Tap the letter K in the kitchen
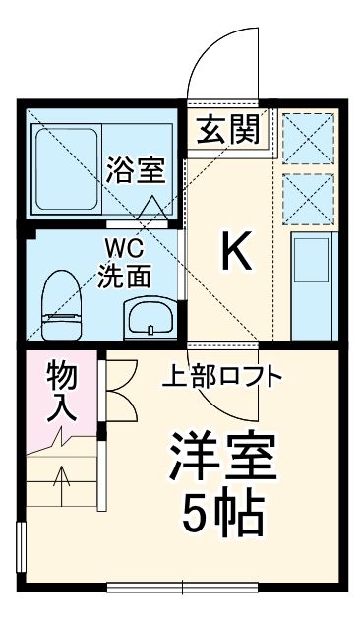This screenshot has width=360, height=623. (x=236, y=254)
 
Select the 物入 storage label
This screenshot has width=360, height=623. (x=62, y=392)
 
